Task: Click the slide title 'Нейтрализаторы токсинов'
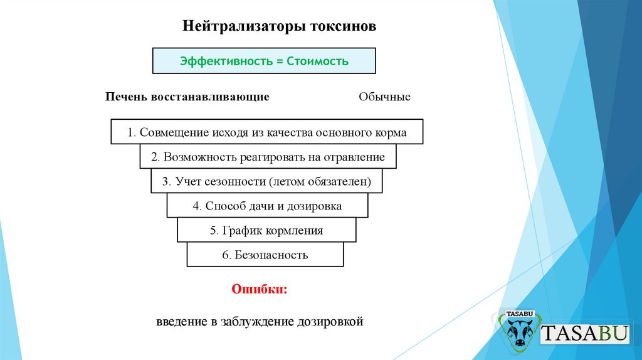tap(280, 27)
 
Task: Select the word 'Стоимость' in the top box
tap(317, 61)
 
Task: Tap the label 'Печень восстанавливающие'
tap(187, 97)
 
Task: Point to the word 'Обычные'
tap(384, 97)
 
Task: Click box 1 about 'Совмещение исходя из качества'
tap(266, 132)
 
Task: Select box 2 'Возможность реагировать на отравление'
tap(268, 157)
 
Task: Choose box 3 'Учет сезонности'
tap(266, 181)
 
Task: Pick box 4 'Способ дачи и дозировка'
tap(267, 206)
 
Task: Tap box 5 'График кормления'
tap(266, 230)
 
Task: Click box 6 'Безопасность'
tap(265, 255)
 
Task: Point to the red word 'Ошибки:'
tap(260, 290)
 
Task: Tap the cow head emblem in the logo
tap(519, 332)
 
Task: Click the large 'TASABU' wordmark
tap(585, 332)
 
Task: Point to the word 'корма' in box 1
tap(392, 133)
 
